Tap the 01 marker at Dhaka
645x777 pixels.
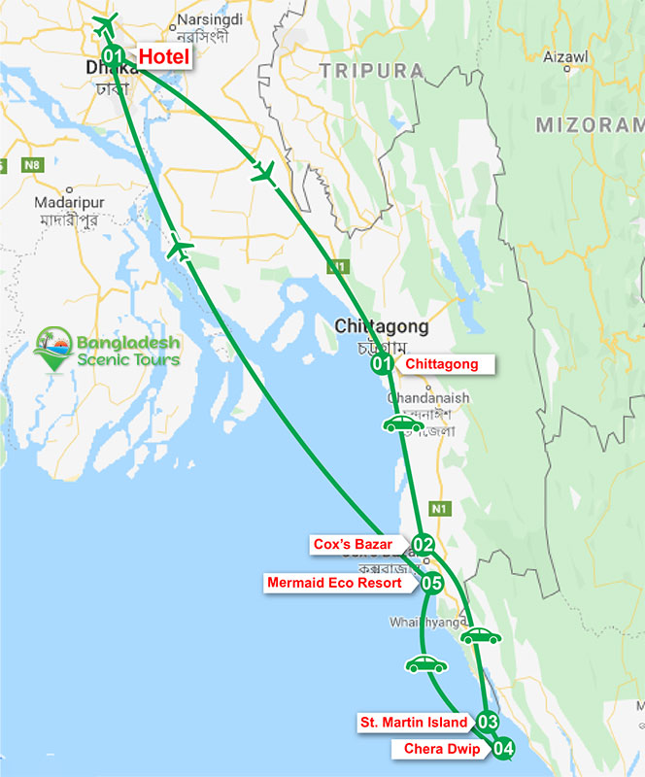pyautogui.click(x=113, y=56)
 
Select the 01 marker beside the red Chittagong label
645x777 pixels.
pyautogui.click(x=382, y=365)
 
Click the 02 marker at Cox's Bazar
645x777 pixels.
pyautogui.click(x=422, y=545)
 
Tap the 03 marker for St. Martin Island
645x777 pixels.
pyautogui.click(x=488, y=722)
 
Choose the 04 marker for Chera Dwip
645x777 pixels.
pyautogui.click(x=502, y=749)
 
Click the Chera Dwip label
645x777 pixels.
pyautogui.click(x=436, y=749)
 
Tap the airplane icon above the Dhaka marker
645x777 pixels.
pyautogui.click(x=106, y=21)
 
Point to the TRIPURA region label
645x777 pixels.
pyautogui.click(x=372, y=71)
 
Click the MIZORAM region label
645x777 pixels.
pyautogui.click(x=589, y=125)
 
